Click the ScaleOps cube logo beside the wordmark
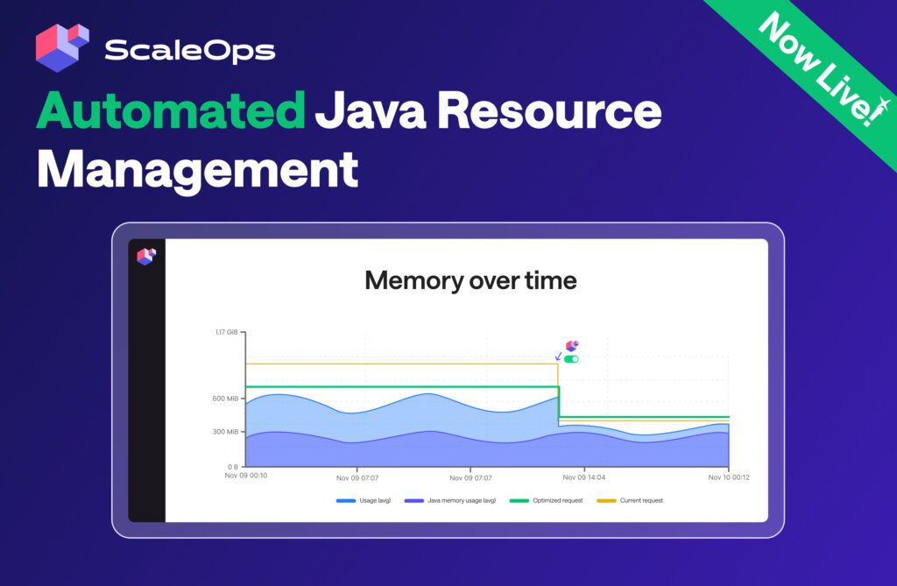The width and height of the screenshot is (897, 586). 62,47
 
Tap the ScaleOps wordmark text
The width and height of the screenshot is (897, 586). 190,50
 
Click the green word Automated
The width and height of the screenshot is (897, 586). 171,109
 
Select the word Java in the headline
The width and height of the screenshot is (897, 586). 371,109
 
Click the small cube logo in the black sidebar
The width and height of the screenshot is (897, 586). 146,256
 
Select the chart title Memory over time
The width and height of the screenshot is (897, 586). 470,280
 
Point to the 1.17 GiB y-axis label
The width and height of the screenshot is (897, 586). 226,332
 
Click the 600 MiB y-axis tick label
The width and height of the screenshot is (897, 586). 225,399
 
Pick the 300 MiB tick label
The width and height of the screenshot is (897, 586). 225,432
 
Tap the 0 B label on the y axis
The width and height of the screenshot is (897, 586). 233,467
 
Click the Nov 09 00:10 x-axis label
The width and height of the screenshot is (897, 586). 246,476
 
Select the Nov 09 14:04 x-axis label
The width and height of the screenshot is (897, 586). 584,477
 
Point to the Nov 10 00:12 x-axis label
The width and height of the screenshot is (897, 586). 729,477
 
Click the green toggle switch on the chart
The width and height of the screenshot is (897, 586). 571,359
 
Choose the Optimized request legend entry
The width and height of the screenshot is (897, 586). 547,501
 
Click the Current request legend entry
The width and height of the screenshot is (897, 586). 630,501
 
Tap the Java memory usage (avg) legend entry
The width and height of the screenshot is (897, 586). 450,501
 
